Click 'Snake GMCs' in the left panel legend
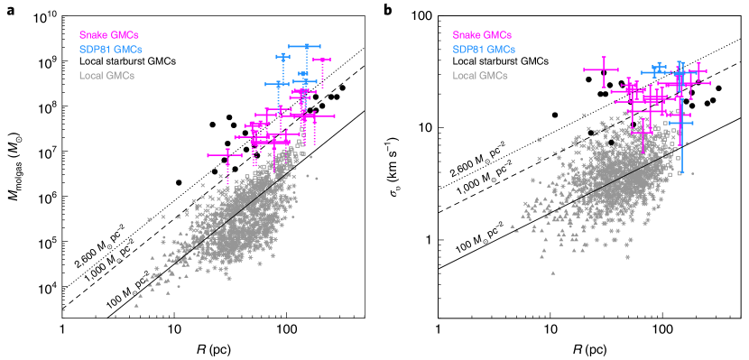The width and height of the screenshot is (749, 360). [x=108, y=35]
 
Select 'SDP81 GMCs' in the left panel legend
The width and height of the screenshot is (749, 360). [x=110, y=49]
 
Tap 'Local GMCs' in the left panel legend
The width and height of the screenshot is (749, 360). [x=106, y=75]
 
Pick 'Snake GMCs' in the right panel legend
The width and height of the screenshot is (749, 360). [x=482, y=35]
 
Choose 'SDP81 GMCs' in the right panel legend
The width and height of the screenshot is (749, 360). [x=484, y=49]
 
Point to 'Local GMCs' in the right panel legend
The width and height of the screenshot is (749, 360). [x=480, y=75]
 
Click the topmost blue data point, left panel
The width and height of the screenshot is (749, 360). [x=307, y=46]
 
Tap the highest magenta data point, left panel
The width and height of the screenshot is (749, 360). [x=323, y=60]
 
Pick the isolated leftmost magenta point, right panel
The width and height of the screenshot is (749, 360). [x=602, y=69]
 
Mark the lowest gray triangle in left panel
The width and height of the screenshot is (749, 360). [x=136, y=305]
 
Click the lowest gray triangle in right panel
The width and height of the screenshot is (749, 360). [x=552, y=272]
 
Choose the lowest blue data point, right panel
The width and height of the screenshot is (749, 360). [x=681, y=124]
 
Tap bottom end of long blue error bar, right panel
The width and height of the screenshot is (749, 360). [x=681, y=171]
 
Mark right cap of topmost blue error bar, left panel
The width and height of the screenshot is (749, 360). [x=322, y=46]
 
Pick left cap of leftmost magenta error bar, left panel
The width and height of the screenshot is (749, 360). [x=208, y=155]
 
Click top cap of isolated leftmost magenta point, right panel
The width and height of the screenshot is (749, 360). [x=602, y=57]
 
